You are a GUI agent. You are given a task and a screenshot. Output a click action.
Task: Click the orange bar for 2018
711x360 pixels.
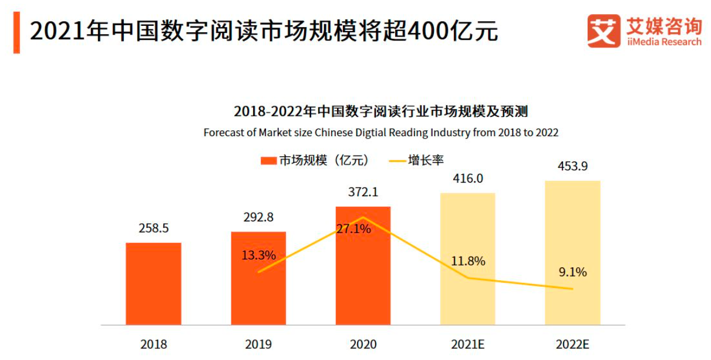153,284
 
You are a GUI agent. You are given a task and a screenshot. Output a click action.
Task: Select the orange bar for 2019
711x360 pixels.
258,294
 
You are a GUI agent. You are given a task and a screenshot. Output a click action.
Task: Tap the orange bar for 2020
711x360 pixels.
363,276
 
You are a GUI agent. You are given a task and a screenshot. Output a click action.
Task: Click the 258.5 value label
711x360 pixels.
154,228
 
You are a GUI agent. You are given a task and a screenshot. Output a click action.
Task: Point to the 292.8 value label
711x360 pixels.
258,217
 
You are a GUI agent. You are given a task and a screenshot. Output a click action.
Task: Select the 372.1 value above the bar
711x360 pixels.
363,192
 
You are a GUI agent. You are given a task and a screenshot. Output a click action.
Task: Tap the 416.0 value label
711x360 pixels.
467,179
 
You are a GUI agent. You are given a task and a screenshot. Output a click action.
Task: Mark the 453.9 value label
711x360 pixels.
572,166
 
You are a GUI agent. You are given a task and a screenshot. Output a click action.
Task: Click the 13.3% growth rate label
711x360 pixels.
258,255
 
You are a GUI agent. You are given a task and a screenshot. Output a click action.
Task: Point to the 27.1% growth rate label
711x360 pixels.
353,229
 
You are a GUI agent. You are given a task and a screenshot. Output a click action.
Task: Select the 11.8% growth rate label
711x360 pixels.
468,261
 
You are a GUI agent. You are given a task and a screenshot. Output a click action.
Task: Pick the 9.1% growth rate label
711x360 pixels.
572,272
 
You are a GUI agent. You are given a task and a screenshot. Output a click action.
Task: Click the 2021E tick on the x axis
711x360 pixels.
467,344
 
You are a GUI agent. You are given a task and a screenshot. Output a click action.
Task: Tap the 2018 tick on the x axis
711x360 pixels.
154,344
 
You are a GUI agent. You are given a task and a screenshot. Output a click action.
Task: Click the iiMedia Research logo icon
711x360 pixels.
604,31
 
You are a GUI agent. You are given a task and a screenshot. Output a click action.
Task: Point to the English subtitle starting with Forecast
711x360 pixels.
380,133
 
